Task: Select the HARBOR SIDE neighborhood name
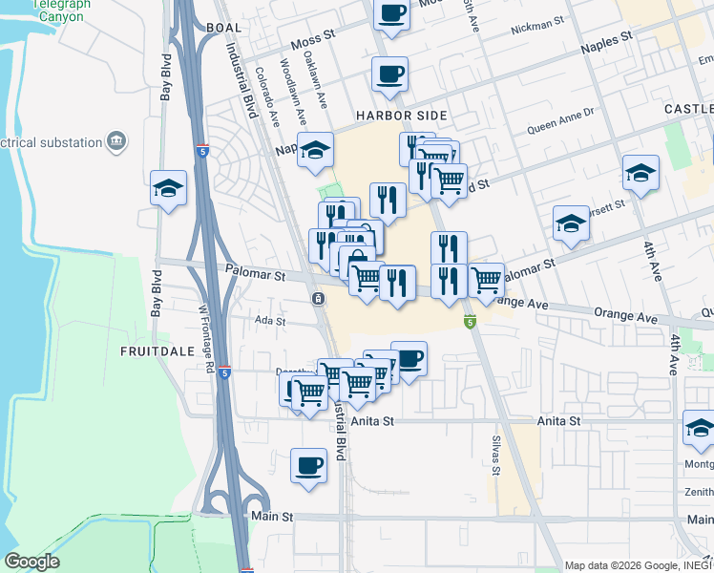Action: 401,116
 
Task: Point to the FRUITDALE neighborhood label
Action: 157,351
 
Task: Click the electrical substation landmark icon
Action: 117,142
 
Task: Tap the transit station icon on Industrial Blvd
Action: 317,299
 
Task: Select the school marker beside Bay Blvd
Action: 168,188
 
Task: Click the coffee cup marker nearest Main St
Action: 308,466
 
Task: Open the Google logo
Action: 31,561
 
